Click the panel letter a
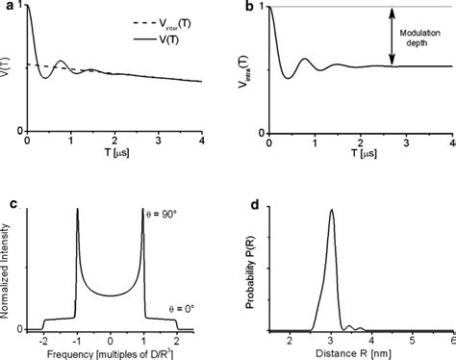(x=7, y=7)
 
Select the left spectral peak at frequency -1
(x=77, y=211)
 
